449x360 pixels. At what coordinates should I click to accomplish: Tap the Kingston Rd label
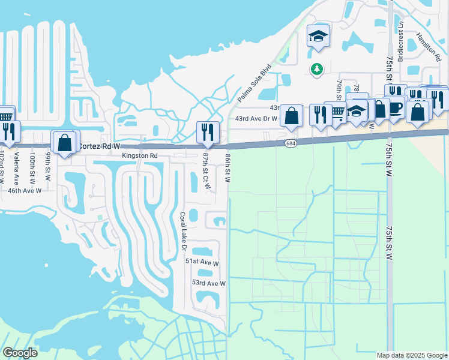(139, 155)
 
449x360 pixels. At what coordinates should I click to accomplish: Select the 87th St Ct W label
(206, 171)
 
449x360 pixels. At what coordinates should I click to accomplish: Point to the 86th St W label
(228, 167)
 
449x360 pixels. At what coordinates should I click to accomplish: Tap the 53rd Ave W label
(208, 283)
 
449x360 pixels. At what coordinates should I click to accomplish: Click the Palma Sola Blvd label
(255, 83)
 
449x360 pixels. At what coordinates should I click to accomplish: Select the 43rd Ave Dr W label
(256, 119)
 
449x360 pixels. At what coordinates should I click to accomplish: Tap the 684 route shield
(291, 143)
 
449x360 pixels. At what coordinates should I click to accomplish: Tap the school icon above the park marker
(319, 36)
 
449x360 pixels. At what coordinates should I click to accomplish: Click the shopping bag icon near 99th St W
(64, 142)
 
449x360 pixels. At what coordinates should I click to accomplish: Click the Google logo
(19, 352)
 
